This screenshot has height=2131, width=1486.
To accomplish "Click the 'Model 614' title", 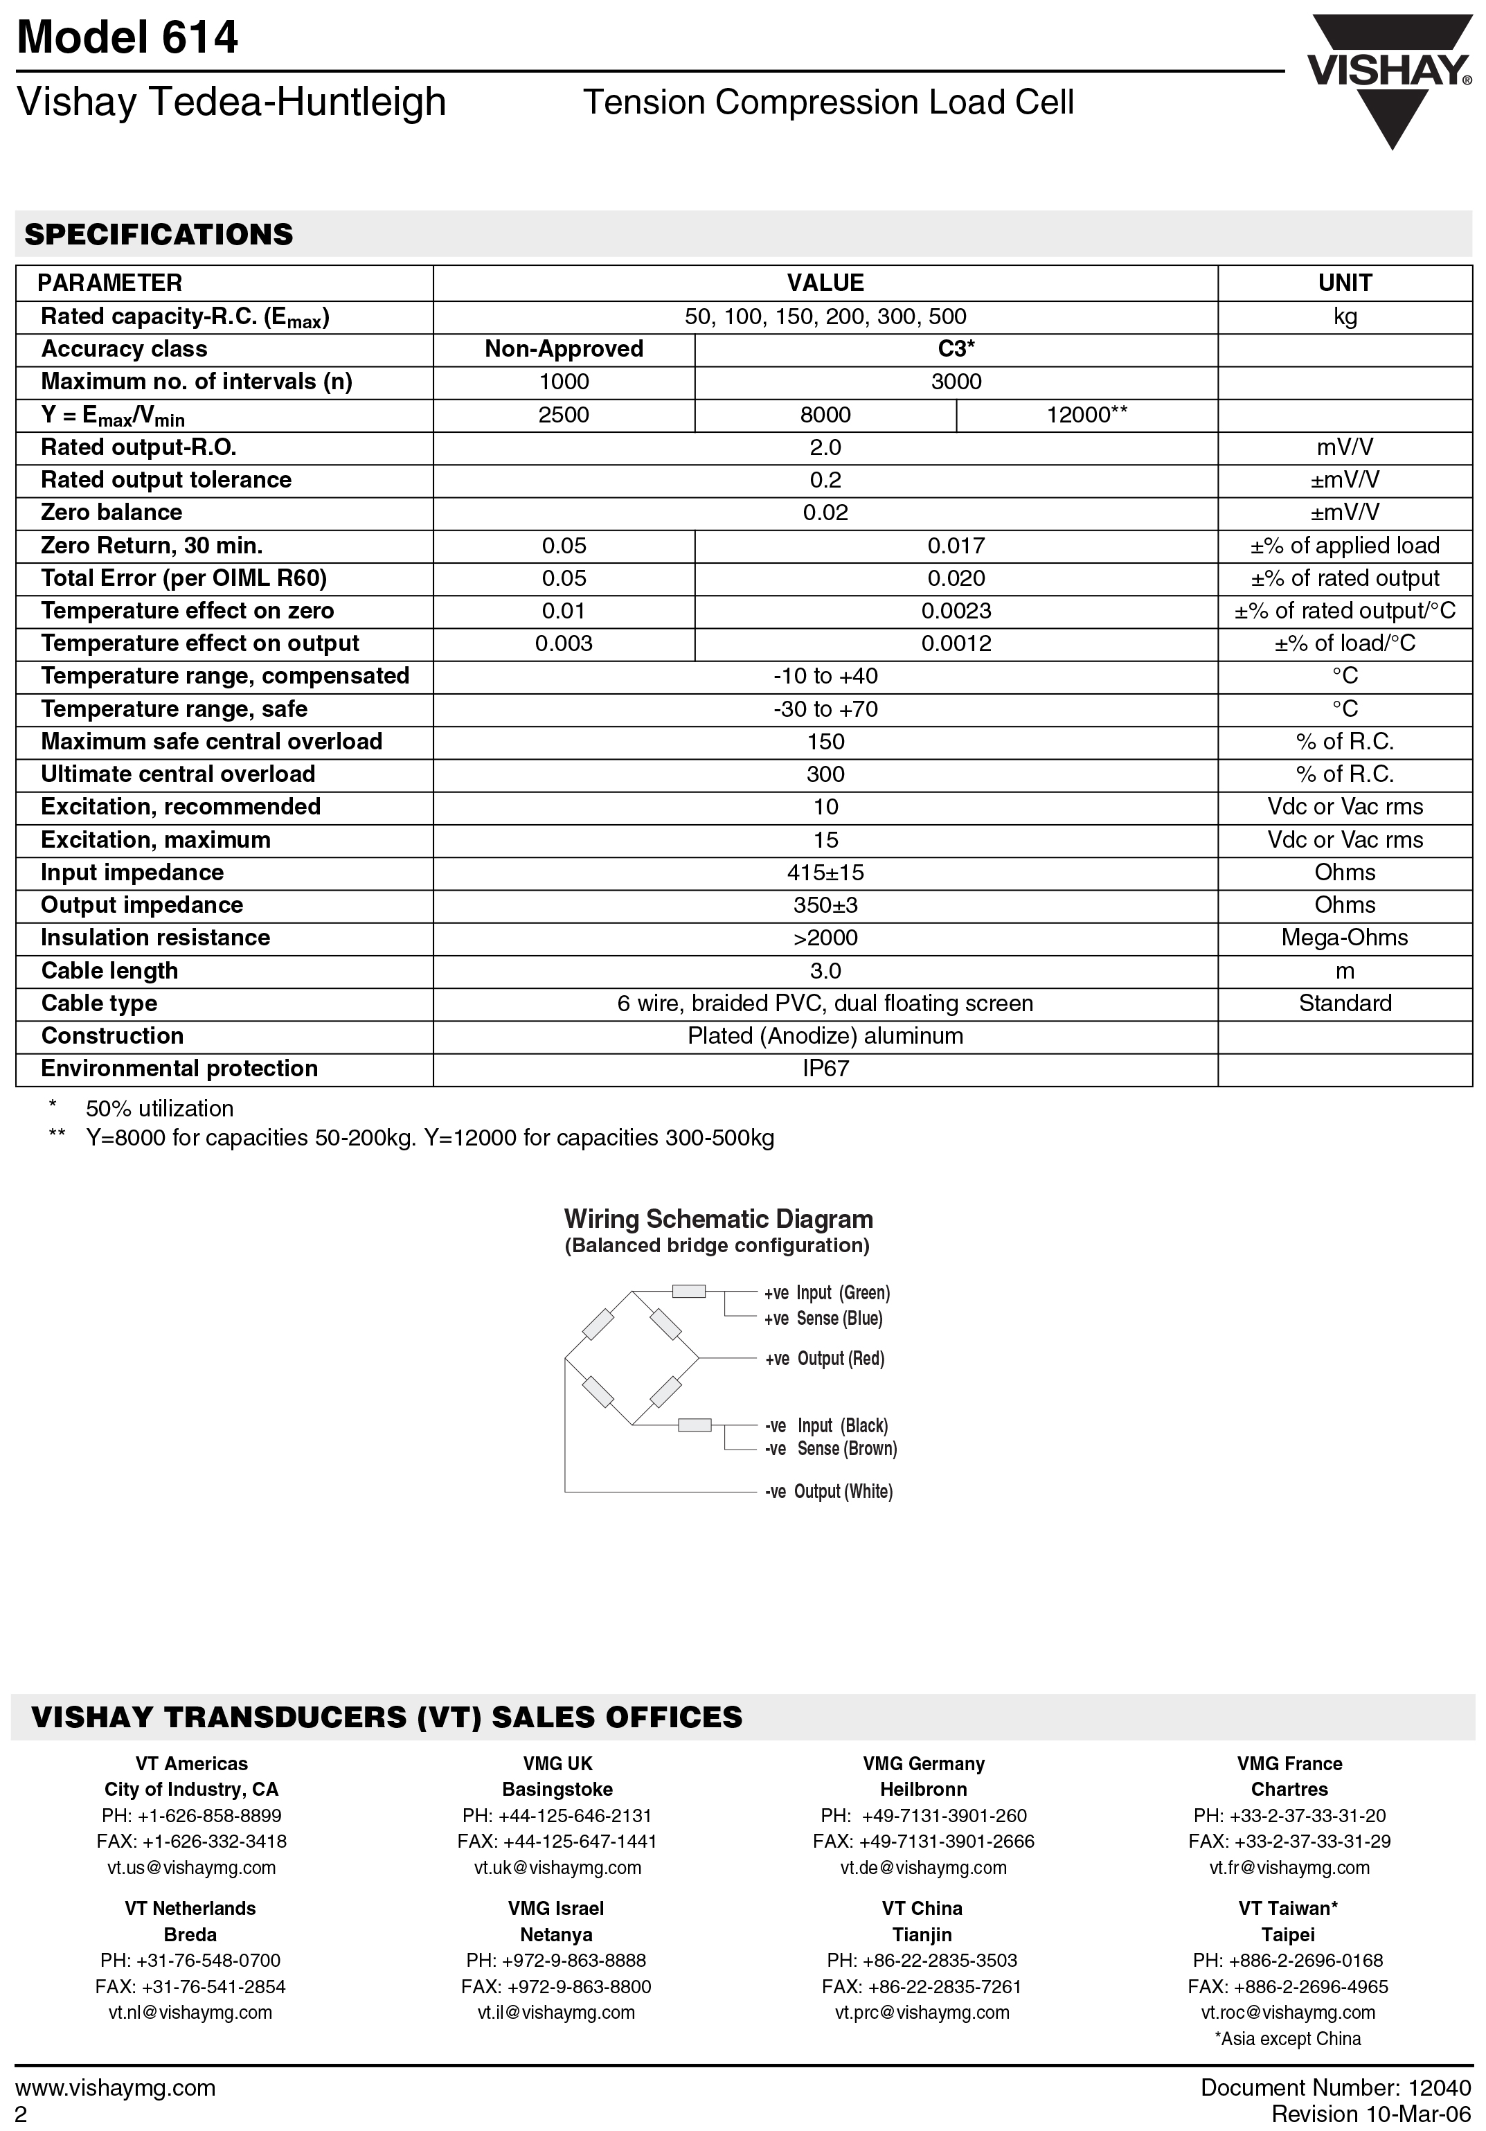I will [x=127, y=38].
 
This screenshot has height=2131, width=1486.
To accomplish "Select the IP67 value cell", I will [x=825, y=1069].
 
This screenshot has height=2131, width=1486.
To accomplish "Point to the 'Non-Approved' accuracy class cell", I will [x=564, y=349].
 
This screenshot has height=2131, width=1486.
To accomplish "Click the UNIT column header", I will [x=1344, y=283].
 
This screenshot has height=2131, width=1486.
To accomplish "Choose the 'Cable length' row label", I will [x=109, y=971].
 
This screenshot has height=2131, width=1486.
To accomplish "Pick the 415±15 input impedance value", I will [x=825, y=873].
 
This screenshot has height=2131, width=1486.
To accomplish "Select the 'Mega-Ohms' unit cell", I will [x=1344, y=938].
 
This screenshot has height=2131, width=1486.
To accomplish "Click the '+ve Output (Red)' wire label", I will [x=824, y=1359].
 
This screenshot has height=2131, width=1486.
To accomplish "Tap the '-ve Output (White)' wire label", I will [x=828, y=1492].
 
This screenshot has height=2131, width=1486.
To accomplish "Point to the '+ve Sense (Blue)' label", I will [x=823, y=1319].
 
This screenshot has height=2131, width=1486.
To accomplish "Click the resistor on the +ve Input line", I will [x=689, y=1291].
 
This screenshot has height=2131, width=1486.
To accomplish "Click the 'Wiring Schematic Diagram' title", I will [x=718, y=1220].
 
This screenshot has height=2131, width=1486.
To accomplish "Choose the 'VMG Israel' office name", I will [x=556, y=1908].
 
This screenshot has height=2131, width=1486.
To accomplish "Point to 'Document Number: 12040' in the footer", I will [x=1336, y=2088].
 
